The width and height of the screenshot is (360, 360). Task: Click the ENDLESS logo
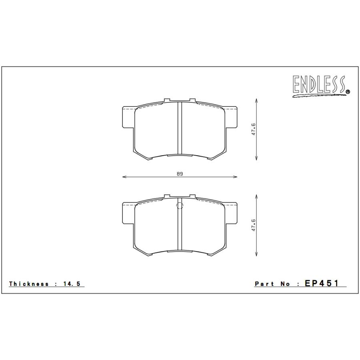(319, 86)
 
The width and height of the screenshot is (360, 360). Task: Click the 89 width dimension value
(180, 174)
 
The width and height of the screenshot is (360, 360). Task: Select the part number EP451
(322, 283)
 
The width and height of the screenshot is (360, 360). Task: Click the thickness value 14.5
(72, 284)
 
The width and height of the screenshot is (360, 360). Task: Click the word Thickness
(29, 284)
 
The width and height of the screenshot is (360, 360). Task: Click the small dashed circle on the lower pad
(180, 206)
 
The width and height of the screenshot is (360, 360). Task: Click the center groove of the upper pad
(180, 128)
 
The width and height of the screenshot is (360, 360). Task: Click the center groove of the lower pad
(180, 228)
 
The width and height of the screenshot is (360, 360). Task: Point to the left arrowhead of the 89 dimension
(123, 177)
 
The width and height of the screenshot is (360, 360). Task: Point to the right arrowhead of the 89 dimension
(236, 177)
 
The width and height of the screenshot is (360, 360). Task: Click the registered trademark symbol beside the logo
(347, 92)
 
